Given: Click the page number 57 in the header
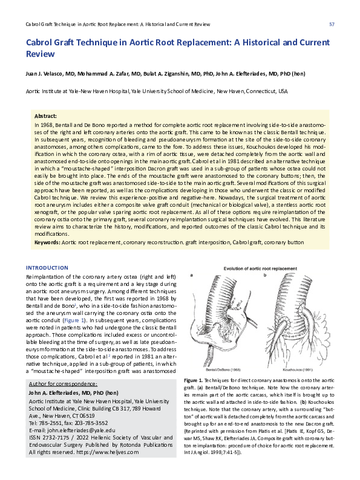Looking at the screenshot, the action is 332,24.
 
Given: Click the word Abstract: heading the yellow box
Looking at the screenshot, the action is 46,115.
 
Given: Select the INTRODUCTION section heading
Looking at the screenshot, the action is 47,268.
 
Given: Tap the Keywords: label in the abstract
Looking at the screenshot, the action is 47,242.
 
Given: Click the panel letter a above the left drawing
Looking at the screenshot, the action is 192,276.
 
